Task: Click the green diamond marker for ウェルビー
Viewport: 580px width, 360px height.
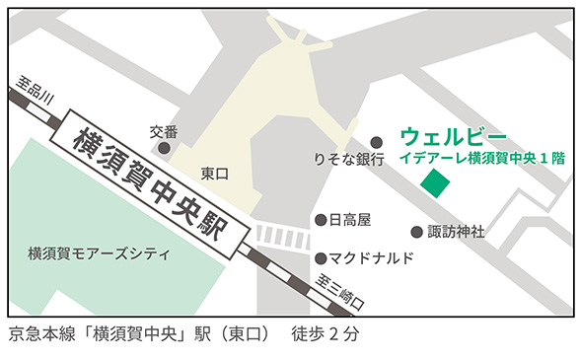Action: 435,182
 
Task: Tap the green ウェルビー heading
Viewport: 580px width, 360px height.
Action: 453,135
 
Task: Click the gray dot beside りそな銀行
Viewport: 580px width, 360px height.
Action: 376,142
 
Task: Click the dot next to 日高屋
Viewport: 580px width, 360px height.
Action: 321,220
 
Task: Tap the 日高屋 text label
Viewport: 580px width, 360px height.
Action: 349,220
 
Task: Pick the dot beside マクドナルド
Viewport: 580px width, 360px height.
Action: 321,258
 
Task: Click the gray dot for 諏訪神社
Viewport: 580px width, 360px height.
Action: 416,233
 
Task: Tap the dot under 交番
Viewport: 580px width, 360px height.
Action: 164,148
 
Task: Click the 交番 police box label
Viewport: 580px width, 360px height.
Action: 164,131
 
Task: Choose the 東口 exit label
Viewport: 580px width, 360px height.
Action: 214,173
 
